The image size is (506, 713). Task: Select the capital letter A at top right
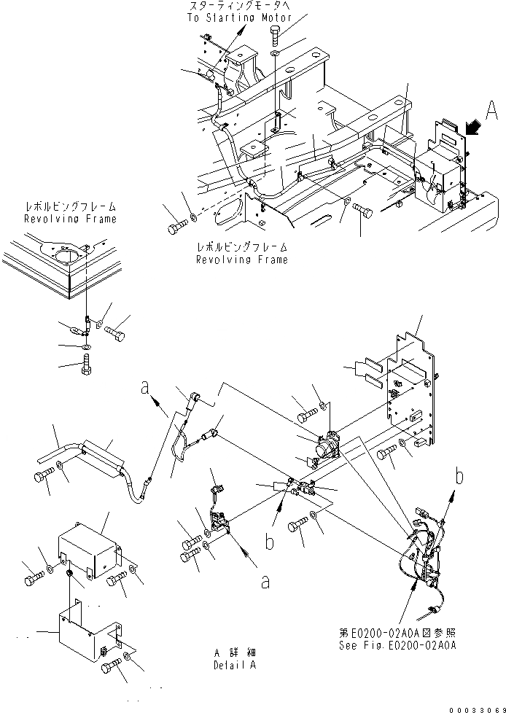(491, 111)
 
